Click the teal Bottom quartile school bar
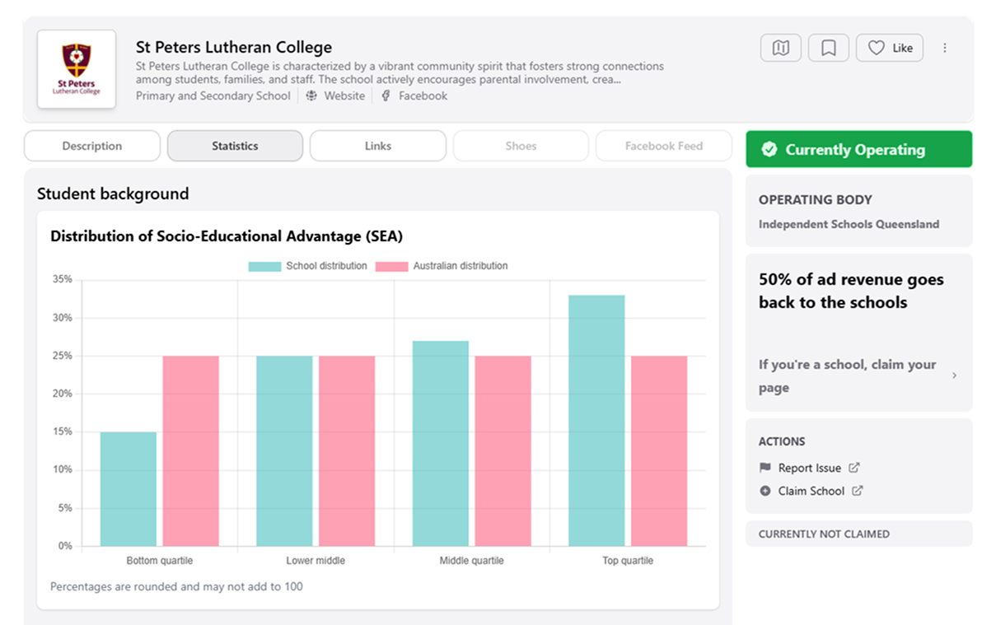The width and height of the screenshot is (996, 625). pyautogui.click(x=129, y=488)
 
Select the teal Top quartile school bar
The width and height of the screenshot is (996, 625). pyautogui.click(x=596, y=420)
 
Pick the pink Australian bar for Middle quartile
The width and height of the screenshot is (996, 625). pyautogui.click(x=503, y=450)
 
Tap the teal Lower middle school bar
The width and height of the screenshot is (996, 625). pyautogui.click(x=284, y=450)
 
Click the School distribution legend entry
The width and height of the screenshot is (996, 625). pyautogui.click(x=307, y=266)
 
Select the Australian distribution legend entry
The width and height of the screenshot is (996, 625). pyautogui.click(x=442, y=266)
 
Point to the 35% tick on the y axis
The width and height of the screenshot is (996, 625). pyautogui.click(x=62, y=279)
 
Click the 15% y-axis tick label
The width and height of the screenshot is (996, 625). pyautogui.click(x=62, y=431)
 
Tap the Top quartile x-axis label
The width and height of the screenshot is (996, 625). pyautogui.click(x=627, y=561)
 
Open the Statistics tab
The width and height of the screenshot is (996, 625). pyautogui.click(x=235, y=146)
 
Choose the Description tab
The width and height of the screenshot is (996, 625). pyautogui.click(x=92, y=146)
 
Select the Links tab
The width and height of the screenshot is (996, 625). pyautogui.click(x=378, y=146)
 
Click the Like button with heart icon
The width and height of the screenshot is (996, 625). pyautogui.click(x=890, y=48)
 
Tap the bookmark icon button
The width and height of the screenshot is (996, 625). pyautogui.click(x=829, y=48)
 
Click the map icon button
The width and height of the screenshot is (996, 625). pyautogui.click(x=780, y=48)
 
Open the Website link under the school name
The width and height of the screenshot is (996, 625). pyautogui.click(x=344, y=96)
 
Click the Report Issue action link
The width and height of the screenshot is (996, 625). pyautogui.click(x=809, y=468)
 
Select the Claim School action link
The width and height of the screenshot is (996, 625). pyautogui.click(x=811, y=491)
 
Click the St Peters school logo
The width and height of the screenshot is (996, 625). pyautogui.click(x=77, y=69)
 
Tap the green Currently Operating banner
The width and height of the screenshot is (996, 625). pyautogui.click(x=858, y=149)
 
